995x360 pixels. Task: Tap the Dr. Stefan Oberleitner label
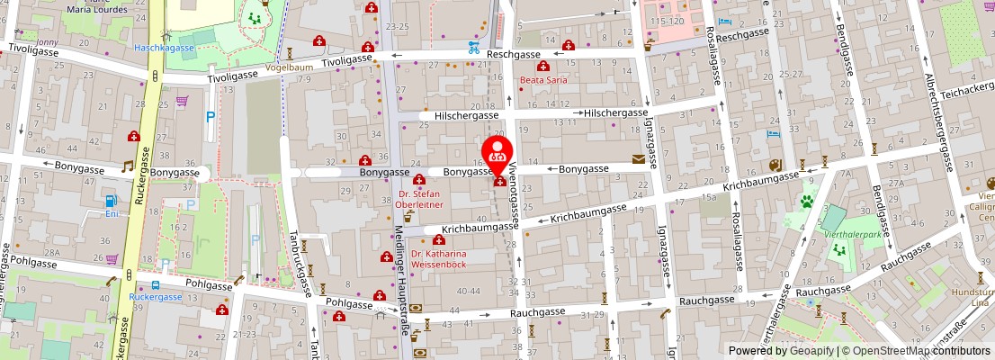coord(419,198)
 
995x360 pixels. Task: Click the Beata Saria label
coord(542,80)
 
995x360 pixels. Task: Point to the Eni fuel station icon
coord(110,201)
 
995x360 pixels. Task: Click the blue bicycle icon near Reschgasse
coord(473,48)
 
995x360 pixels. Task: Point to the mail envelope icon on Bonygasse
coord(639,159)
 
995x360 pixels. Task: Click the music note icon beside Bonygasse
coord(128,167)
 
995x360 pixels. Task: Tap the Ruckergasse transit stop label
coord(156,296)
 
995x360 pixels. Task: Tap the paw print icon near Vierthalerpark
coord(807,202)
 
